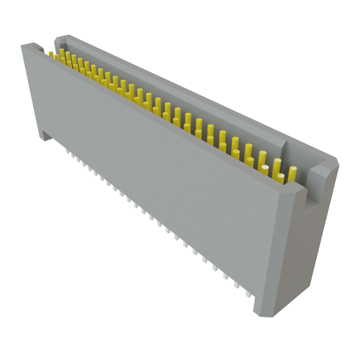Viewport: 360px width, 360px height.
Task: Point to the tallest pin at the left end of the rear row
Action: (x=62, y=53)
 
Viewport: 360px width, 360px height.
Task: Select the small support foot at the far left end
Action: (x=46, y=136)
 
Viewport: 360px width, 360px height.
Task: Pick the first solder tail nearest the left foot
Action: (x=67, y=152)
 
